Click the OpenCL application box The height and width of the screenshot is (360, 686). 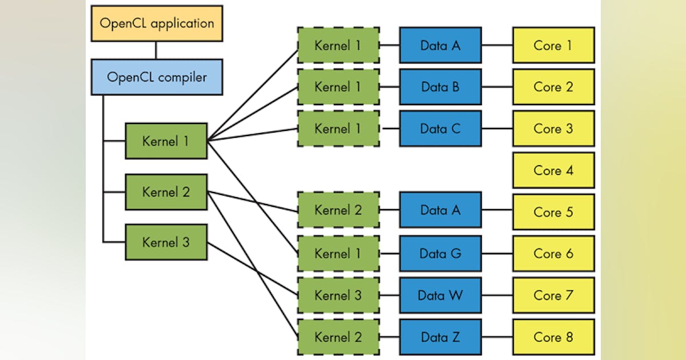pos(157,24)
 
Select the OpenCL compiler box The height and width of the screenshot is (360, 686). pos(157,77)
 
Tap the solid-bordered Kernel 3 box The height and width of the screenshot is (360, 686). pos(166,242)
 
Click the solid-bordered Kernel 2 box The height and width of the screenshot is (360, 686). pos(166,192)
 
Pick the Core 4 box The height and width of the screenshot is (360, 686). pos(553,170)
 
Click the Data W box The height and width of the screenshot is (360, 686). pos(440,295)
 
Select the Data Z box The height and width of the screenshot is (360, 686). pos(440,337)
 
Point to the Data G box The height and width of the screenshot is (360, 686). pos(440,253)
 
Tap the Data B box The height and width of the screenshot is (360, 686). pos(440,87)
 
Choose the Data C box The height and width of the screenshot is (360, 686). pos(440,129)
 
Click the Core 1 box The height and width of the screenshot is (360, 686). pos(553,45)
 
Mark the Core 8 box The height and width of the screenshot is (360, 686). pos(553,337)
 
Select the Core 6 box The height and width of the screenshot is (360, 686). pos(553,253)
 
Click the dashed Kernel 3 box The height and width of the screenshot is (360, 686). pos(338,295)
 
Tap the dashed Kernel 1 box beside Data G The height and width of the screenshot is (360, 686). pos(338,253)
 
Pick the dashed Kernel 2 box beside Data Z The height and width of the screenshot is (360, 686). pos(338,337)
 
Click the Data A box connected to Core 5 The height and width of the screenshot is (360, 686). pos(440,210)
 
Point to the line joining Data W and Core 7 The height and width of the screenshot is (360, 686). pos(497,295)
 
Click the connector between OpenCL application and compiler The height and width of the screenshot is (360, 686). pos(156,50)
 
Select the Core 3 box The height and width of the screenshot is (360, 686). pos(553,129)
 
